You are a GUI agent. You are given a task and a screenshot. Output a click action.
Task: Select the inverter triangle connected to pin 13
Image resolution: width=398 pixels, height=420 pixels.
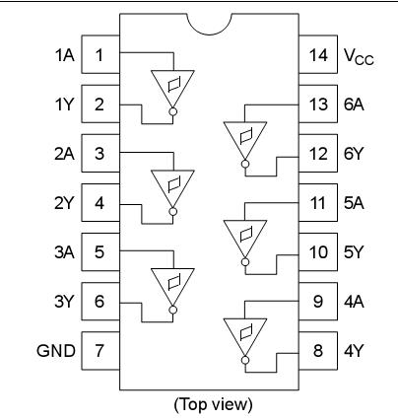240,136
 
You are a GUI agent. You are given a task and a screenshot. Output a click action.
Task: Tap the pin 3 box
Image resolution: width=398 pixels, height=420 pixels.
99,153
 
